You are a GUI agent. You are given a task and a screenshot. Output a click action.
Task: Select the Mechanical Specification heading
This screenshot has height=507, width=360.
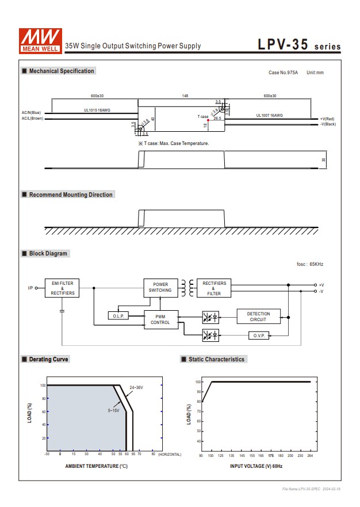click(x=61, y=71)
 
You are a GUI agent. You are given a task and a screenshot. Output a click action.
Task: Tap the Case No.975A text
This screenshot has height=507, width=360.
click(x=284, y=73)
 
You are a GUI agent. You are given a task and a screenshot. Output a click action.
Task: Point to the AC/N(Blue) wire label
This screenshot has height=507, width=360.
click(x=32, y=113)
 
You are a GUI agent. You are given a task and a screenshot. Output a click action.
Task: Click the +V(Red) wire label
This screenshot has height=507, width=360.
click(x=327, y=119)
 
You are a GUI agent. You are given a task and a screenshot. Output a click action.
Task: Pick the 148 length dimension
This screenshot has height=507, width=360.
click(x=185, y=96)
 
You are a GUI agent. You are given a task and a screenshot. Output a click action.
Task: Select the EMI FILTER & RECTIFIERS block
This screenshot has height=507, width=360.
click(x=62, y=288)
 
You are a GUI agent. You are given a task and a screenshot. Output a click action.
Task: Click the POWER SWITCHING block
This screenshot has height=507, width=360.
click(x=160, y=288)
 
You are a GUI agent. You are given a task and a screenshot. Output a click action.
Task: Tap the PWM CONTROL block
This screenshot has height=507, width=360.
click(x=160, y=319)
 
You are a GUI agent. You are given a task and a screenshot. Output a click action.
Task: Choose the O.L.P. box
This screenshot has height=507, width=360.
click(x=119, y=316)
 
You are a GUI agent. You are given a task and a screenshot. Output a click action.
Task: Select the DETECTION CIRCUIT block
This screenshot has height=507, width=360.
click(x=258, y=317)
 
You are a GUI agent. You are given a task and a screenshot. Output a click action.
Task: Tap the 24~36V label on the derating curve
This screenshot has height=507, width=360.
click(x=136, y=388)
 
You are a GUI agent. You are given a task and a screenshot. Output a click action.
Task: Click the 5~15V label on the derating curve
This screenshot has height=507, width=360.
click(x=113, y=410)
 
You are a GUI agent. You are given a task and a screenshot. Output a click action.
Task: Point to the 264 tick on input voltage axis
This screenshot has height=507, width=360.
click(x=309, y=455)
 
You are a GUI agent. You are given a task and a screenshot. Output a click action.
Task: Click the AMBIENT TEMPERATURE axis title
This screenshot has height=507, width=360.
click(x=96, y=466)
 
